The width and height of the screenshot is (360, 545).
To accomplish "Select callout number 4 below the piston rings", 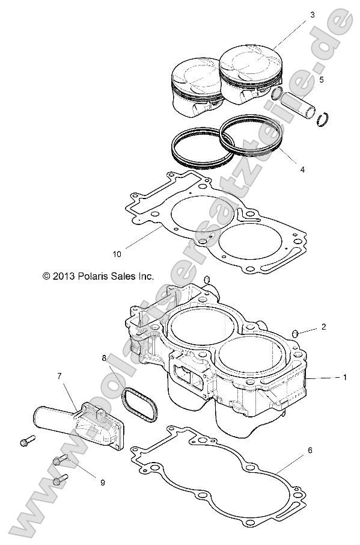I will pos(302,170).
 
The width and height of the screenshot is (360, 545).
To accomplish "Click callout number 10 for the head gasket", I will pos(117,254).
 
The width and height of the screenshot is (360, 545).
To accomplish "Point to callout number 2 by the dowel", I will pos(323,327).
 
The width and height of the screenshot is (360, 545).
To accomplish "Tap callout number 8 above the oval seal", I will pos(104,358).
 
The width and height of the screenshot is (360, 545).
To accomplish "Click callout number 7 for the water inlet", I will pos(59,376).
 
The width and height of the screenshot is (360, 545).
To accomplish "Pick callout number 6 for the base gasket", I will pos(310,449).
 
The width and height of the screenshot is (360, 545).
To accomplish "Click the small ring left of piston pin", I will pos(276,93).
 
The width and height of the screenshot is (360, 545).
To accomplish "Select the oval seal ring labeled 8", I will pos(142,405).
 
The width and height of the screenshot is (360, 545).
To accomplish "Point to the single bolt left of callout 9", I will pos(25,442).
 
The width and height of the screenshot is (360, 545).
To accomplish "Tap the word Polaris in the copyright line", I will pos(96,276).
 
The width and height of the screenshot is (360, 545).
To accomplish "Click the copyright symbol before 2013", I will pos(46,276).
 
